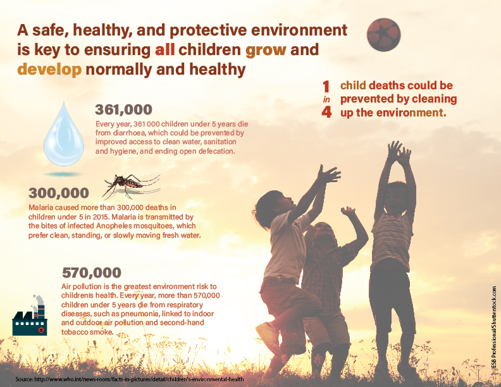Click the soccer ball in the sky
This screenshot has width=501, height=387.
(x=384, y=35)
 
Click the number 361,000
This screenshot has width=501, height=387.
(x=123, y=109)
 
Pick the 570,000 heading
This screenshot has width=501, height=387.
(x=91, y=273)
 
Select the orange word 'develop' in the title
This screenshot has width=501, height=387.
(x=49, y=69)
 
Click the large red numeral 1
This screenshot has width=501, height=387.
(x=327, y=86)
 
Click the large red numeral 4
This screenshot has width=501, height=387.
(x=327, y=112)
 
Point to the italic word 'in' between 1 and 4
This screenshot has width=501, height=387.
(x=327, y=99)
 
